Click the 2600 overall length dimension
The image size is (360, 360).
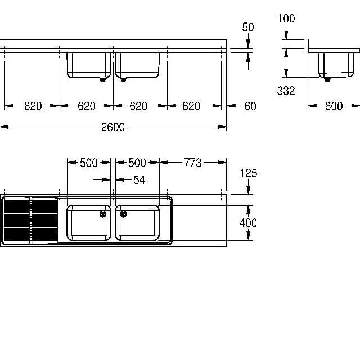pos(112,127)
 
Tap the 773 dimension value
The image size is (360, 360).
pos(192,163)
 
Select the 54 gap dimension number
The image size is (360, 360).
pos(139,180)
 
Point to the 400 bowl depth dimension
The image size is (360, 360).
pos(248,223)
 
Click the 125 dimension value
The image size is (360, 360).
pos(249,173)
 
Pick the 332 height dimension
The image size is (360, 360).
pos(286,91)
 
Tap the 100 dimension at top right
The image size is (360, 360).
pos(286,19)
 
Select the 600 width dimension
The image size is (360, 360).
pos(334,106)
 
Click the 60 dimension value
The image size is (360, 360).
pos(250,106)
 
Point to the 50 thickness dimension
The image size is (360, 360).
pos(248,27)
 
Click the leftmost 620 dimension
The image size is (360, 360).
pos(33,106)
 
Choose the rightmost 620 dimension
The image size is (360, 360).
pos(191,106)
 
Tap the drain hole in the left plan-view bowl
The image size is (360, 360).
pos(102,214)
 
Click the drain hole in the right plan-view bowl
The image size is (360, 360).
pos(123,214)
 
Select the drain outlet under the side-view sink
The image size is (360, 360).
pos(327,79)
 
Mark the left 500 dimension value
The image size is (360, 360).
pos(89,163)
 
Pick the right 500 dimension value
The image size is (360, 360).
pos(137,163)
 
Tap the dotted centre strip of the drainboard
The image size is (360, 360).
pos(31,220)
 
